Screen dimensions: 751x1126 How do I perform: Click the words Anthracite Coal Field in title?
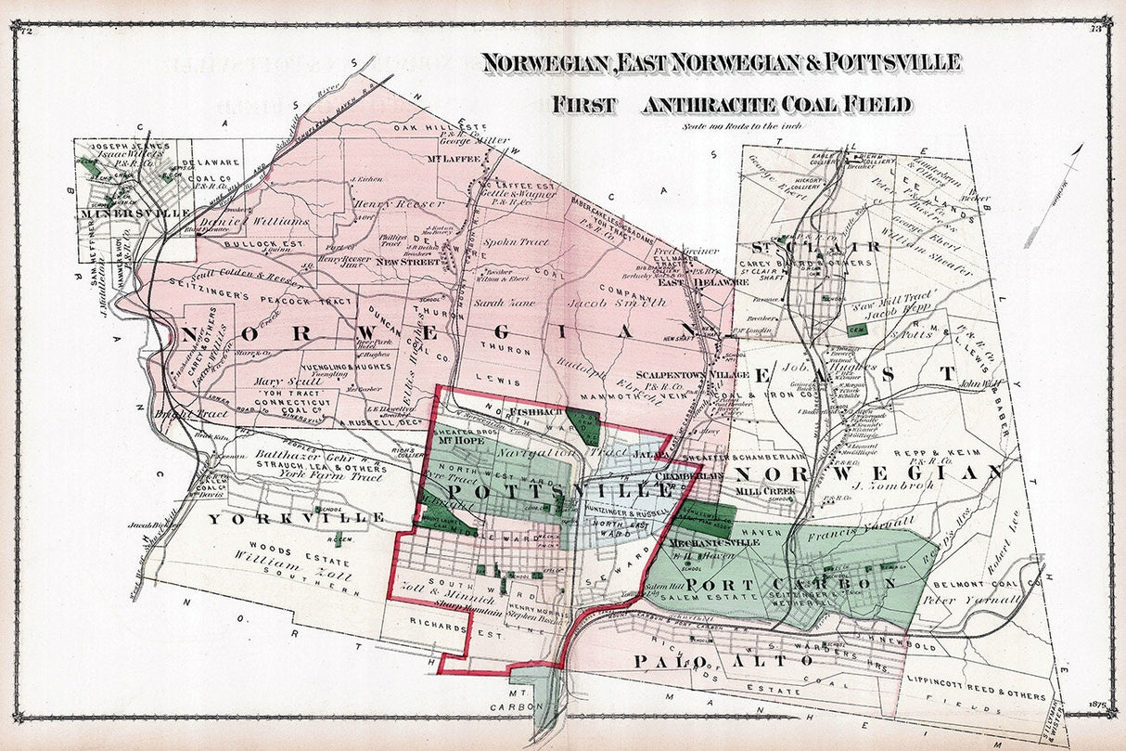click(x=774, y=104)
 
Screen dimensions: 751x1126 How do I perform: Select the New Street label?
click(x=406, y=263)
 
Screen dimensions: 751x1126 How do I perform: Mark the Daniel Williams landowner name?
click(x=267, y=222)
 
